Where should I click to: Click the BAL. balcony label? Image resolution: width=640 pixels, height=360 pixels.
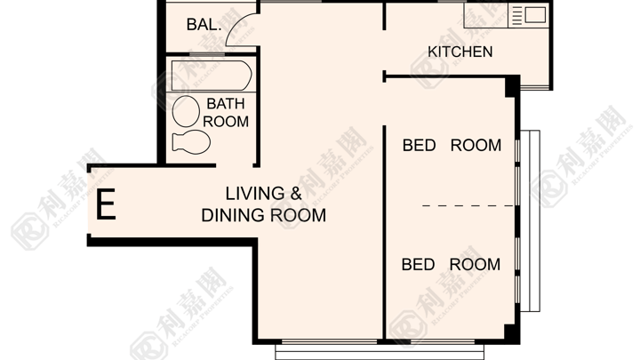coord(204,25)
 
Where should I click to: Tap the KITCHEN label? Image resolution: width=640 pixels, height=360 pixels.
coord(460,52)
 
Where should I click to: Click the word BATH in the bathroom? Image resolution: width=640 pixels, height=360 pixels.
coord(226,104)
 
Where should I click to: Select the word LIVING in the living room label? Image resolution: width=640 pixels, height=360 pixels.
coord(255,193)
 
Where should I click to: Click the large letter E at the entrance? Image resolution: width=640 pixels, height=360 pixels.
coord(106,204)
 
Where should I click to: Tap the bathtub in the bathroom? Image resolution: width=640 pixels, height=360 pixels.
coord(212,76)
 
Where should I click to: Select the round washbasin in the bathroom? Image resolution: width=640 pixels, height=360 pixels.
coord(186,111)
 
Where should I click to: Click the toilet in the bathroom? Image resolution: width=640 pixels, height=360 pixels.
coord(191,142)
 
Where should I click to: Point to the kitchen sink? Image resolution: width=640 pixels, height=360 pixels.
coord(535,15)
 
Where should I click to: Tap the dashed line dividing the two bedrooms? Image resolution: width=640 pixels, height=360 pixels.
coord(468,205)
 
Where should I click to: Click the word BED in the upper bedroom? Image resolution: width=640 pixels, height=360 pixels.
coord(420,145)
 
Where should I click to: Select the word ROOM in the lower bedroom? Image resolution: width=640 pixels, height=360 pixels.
coord(475,265)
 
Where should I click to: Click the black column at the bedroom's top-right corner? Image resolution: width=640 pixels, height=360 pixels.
coord(512,86)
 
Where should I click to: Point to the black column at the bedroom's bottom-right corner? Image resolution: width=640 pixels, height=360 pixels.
coord(512,334)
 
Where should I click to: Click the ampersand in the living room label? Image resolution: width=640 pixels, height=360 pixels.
coord(296,193)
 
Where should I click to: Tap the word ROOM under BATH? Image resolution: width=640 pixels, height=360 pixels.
coord(226,122)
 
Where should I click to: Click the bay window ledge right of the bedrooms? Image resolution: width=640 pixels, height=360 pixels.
coord(530,220)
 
